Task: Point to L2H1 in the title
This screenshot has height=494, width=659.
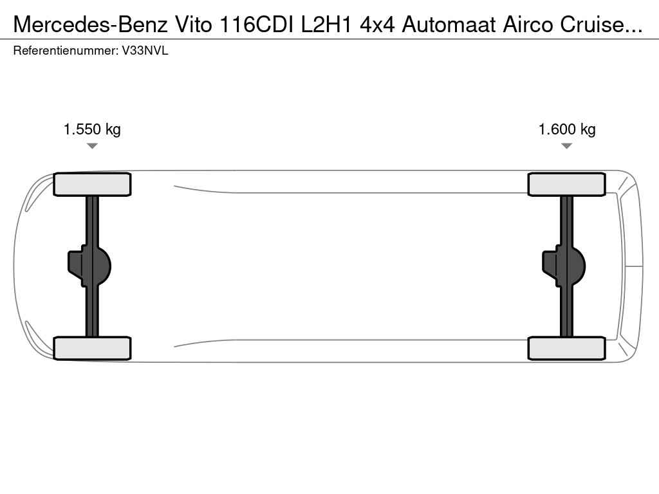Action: coord(326,25)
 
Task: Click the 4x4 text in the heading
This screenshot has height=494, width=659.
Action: coord(377,25)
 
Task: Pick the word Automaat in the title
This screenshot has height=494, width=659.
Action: coord(449,25)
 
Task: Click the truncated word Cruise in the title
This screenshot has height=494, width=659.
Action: coord(601,25)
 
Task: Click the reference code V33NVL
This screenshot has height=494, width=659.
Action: coord(145,51)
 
